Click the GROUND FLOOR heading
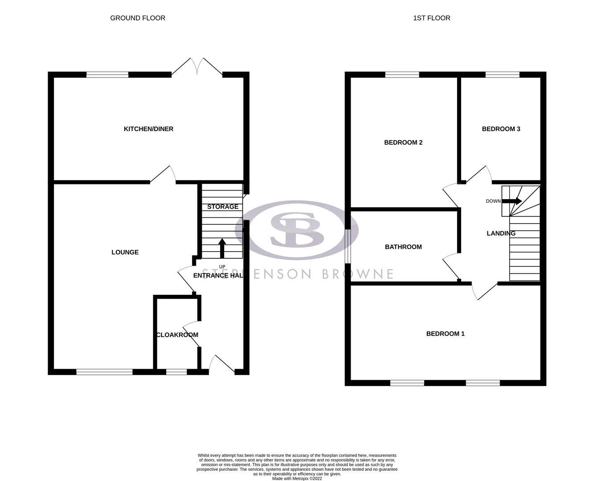(x=138, y=18)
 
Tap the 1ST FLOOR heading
(x=431, y=18)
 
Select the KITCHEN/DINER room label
(x=148, y=129)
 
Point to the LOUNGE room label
(x=125, y=253)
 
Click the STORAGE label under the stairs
(x=223, y=207)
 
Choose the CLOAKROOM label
(x=177, y=335)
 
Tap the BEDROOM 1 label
(x=445, y=334)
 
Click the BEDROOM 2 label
(x=403, y=143)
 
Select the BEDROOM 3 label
(x=501, y=129)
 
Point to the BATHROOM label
(x=403, y=247)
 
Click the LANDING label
(x=501, y=233)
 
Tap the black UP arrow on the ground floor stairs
(x=222, y=248)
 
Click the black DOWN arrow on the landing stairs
(x=512, y=201)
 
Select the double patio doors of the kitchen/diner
(x=197, y=67)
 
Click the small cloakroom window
(x=176, y=371)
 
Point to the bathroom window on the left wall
(x=348, y=246)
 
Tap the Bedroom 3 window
(x=502, y=75)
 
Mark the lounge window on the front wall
(x=104, y=371)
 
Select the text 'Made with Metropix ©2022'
(x=297, y=479)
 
